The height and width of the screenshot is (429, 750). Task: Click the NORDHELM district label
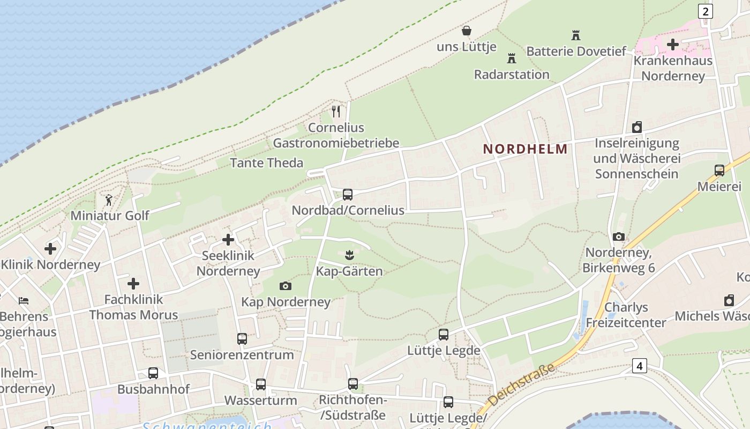525,149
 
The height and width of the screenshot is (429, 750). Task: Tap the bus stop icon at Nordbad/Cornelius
348,195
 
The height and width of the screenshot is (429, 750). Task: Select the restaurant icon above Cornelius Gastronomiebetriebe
336,112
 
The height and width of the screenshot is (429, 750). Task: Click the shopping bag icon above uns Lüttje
467,31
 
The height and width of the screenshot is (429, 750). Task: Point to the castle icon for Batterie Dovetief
576,35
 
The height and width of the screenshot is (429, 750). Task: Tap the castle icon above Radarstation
512,58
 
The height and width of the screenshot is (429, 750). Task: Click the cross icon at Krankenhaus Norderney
673,45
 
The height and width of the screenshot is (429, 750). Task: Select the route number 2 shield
706,11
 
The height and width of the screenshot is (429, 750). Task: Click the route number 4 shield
639,366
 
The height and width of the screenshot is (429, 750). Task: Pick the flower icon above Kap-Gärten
349,255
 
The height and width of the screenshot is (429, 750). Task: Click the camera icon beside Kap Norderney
286,286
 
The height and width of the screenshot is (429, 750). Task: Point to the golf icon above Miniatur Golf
109,200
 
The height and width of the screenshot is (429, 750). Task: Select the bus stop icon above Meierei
719,171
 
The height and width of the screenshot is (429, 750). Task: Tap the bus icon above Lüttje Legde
444,335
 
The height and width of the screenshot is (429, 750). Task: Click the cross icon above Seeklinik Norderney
228,240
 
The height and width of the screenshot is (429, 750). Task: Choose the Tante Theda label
266,162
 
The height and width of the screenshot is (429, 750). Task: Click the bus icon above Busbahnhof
153,373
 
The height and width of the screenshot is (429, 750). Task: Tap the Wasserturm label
260,400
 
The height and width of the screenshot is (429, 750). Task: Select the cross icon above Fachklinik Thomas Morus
133,284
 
